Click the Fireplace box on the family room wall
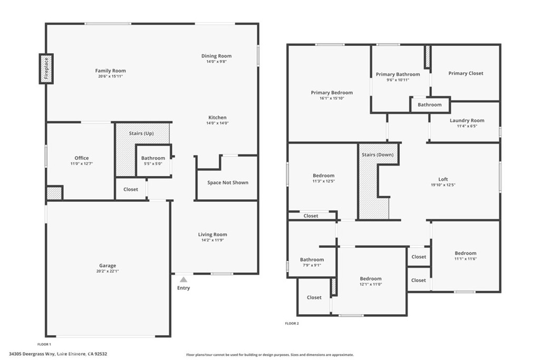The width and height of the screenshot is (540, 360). (x=46, y=69)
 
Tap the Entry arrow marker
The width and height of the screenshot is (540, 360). (x=183, y=280)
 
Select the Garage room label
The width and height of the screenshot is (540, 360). (x=108, y=266)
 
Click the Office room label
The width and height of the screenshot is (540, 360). (x=82, y=158)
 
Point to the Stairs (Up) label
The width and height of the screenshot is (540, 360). (x=141, y=133)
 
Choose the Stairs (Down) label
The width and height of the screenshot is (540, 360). (x=378, y=155)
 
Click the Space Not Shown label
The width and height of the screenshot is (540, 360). (x=227, y=182)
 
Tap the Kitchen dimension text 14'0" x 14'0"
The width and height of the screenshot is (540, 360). (x=217, y=123)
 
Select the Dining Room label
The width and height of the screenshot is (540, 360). (x=216, y=56)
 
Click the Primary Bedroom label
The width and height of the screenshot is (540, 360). (x=332, y=93)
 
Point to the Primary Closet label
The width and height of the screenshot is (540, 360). (x=466, y=73)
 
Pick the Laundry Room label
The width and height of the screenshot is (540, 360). (x=467, y=121)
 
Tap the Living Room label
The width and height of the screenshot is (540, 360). (x=213, y=235)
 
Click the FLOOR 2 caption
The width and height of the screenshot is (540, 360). (x=292, y=323)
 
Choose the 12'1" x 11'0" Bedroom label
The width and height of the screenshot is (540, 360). (x=371, y=279)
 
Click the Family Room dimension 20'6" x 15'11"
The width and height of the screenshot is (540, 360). (x=110, y=76)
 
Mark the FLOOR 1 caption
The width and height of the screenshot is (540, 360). (x=51, y=344)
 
